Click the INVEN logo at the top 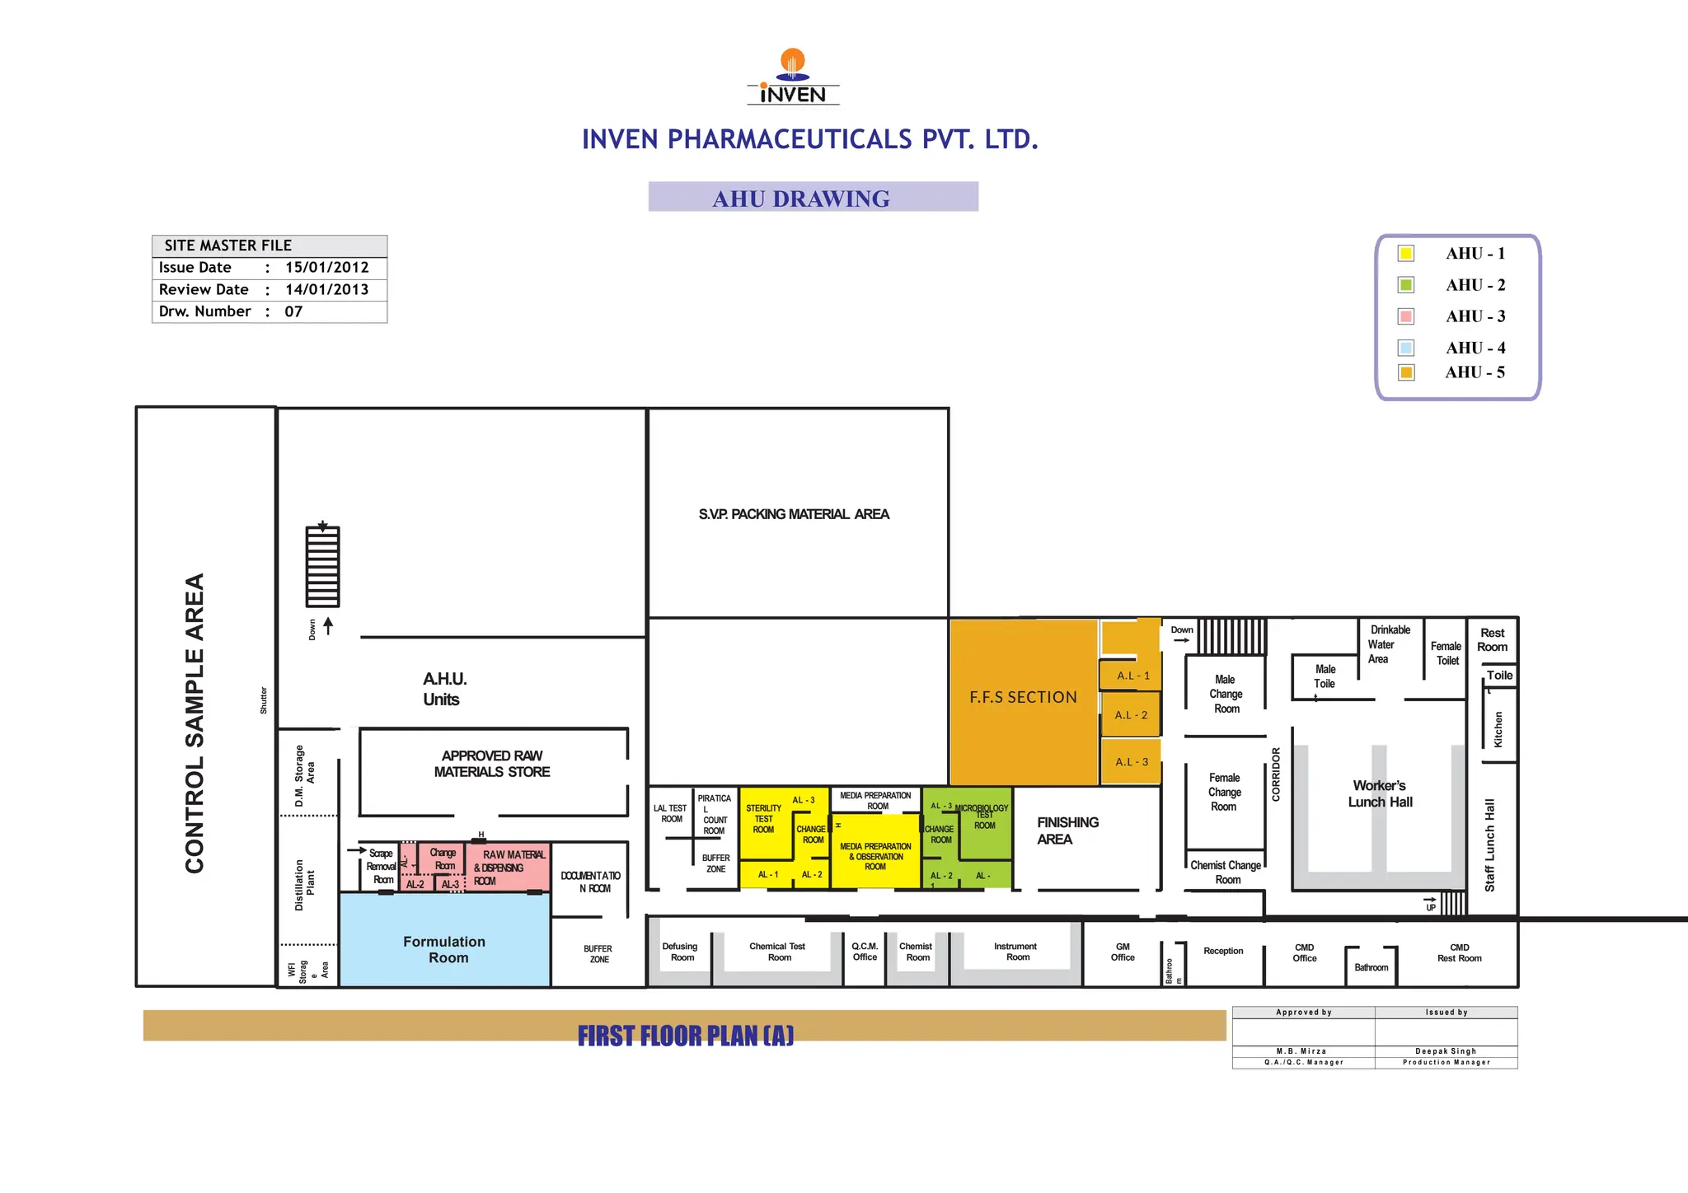coord(792,77)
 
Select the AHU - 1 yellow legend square coord(1406,254)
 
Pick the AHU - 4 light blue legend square coord(1406,348)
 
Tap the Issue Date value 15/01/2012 coord(326,268)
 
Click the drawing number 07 coord(293,311)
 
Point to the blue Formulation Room coord(445,949)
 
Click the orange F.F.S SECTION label coord(1023,698)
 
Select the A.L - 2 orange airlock coord(1131,715)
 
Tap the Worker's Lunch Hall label coord(1380,793)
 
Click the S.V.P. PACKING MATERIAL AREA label coord(794,514)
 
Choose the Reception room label coord(1223,951)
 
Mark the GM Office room coord(1123,952)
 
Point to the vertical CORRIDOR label coord(1276,774)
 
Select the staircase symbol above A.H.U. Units coord(322,566)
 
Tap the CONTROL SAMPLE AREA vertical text coord(195,723)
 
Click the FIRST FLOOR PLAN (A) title coord(685,1036)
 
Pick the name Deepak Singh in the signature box coord(1446,1051)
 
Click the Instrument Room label coord(1015,952)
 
